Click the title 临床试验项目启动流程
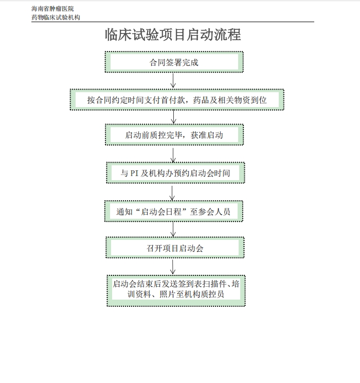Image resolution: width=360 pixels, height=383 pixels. pos(173,34)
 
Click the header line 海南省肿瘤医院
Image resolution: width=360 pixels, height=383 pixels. pos(52,9)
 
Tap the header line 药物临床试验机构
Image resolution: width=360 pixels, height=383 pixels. pos(56,18)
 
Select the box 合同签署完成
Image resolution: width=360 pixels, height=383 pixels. pos(174,62)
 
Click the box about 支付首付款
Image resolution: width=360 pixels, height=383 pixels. pos(177,100)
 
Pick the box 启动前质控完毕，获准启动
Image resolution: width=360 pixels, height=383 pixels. pos(174,134)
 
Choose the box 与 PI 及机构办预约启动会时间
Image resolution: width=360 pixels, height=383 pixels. pos(175,172)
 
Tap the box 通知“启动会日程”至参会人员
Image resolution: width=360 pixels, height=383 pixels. pos(173,211)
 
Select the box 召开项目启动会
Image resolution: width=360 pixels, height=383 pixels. pos(175,248)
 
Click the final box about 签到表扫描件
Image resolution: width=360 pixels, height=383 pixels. pos(176,291)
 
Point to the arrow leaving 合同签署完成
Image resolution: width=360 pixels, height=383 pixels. pos(173,81)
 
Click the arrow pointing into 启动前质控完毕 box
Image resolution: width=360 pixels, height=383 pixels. pos(173,117)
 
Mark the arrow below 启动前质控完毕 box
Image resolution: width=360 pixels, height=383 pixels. pos(173,155)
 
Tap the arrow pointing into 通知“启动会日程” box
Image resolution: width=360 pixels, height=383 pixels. pos(172,193)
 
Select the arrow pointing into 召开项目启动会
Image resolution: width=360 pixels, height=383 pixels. pos(173,230)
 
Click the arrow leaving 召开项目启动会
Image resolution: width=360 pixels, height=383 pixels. pos(173,267)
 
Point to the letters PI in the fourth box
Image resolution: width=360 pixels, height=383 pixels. pos(134,173)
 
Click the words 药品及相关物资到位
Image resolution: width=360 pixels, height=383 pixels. pos(230,100)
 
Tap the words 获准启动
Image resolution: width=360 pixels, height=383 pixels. pos(207,135)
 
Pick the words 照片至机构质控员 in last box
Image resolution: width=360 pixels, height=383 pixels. pos(192,294)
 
